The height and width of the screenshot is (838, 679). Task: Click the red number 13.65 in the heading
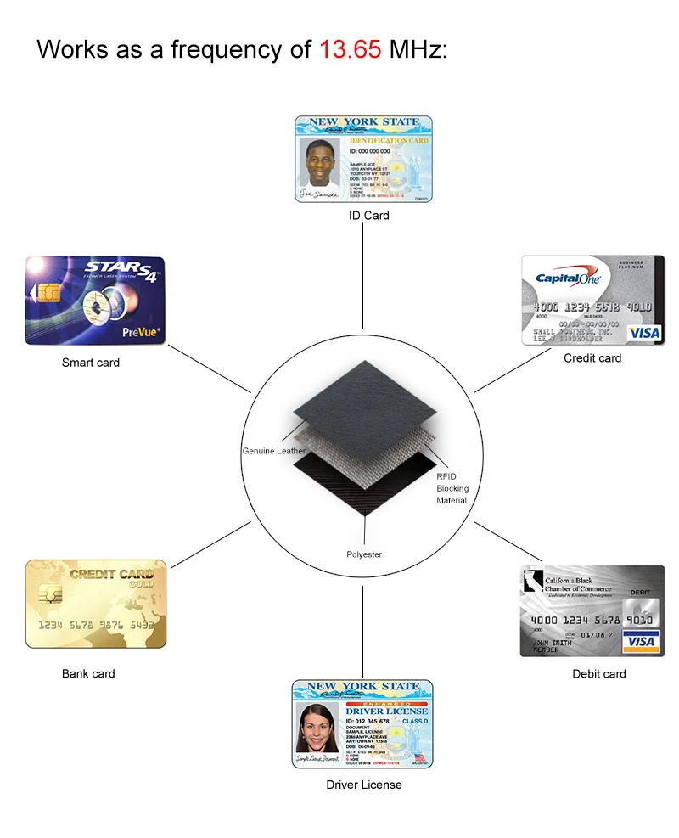[x=350, y=48]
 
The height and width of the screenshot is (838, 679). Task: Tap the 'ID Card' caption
[x=369, y=216]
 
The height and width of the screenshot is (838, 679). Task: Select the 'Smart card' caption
[x=91, y=363]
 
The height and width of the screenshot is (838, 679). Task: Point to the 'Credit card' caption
[x=592, y=358]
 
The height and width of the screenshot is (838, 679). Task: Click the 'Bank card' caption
[x=88, y=674]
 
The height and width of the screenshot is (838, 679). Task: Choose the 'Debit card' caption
[x=599, y=674]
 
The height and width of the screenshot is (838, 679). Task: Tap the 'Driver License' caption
[x=364, y=785]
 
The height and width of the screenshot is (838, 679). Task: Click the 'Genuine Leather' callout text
[x=273, y=451]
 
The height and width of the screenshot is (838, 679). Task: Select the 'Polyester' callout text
[x=364, y=554]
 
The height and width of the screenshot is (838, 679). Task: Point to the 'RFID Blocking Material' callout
[x=452, y=488]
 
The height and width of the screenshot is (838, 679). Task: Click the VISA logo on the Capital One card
[x=644, y=332]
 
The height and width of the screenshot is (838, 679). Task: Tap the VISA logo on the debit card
[x=641, y=641]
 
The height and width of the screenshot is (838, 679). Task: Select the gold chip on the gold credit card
[x=50, y=594]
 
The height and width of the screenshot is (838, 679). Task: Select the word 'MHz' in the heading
[x=417, y=48]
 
